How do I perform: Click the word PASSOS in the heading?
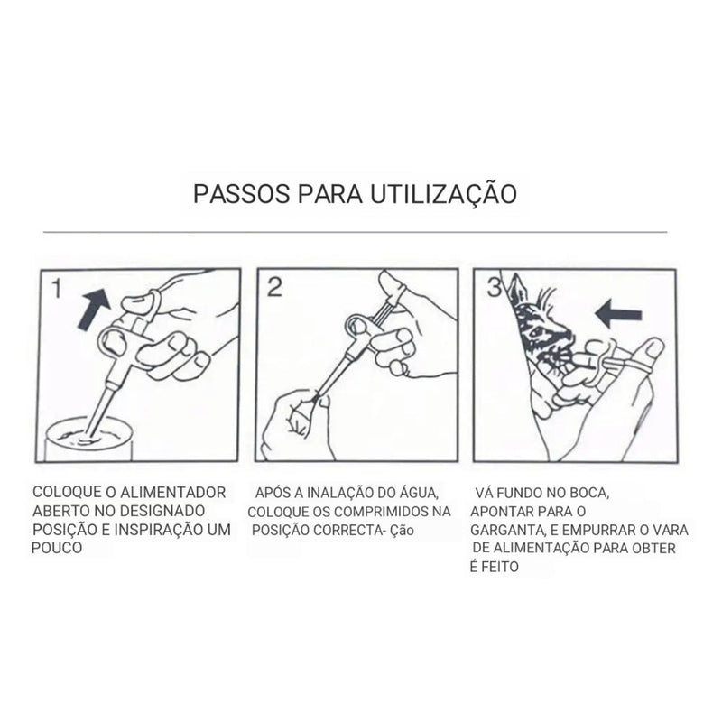click(x=242, y=194)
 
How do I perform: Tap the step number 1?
click(x=56, y=289)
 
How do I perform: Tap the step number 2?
click(x=274, y=287)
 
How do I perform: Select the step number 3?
click(x=494, y=288)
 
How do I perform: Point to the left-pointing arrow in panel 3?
click(x=618, y=313)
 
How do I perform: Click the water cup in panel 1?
click(x=88, y=439)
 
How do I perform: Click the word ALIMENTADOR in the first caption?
click(x=172, y=492)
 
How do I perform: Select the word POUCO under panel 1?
click(x=57, y=548)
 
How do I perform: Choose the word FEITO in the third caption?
click(x=500, y=567)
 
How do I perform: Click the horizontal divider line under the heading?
click(x=355, y=232)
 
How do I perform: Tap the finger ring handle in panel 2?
click(x=358, y=324)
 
